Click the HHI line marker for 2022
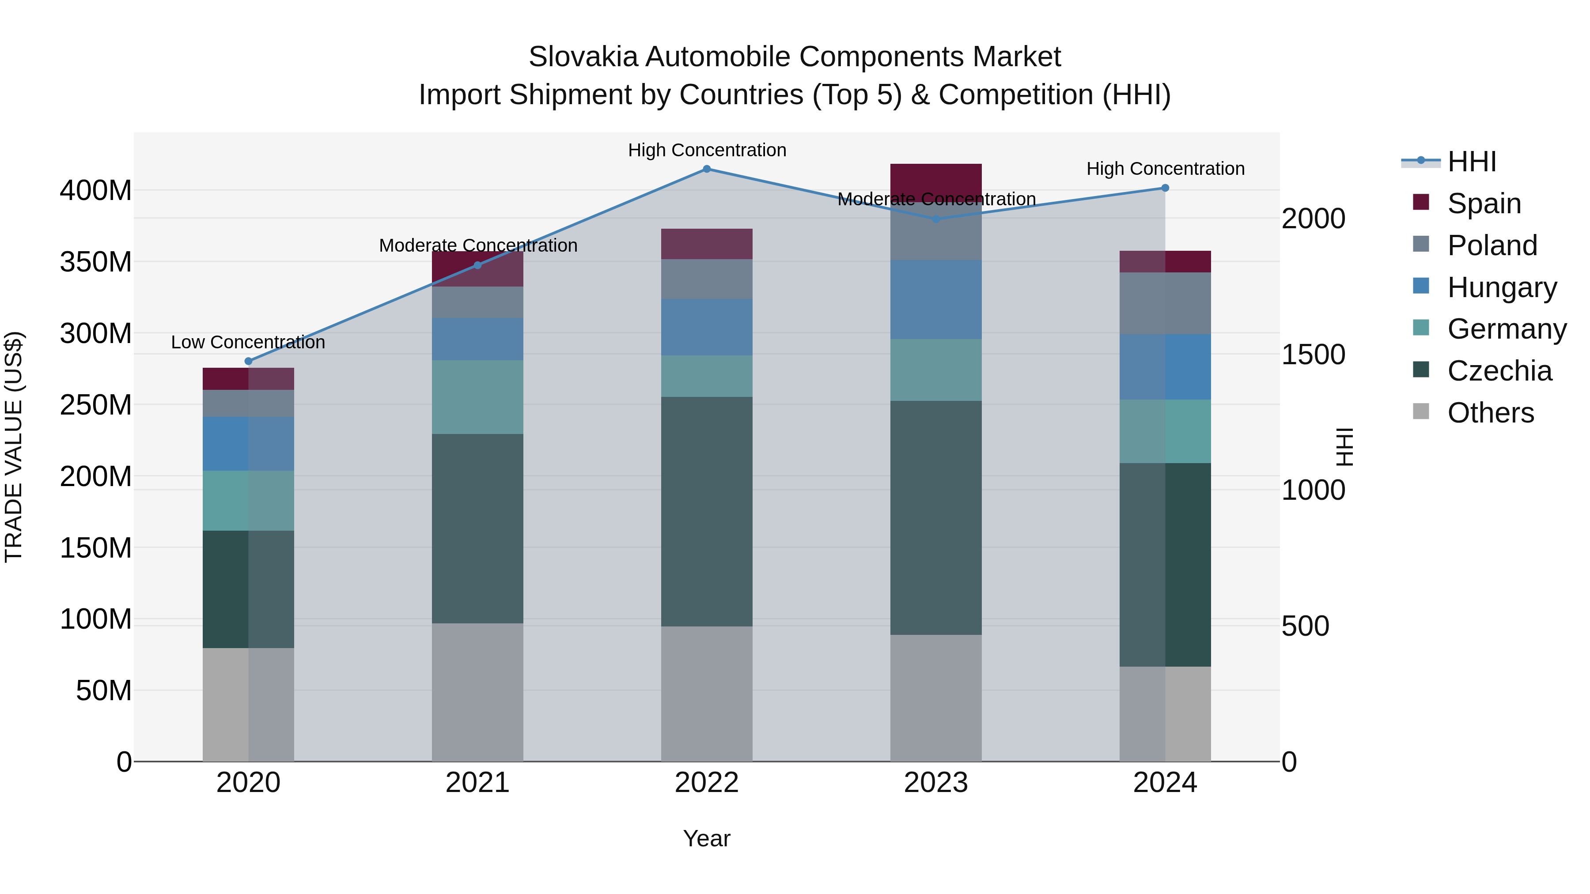[x=707, y=169]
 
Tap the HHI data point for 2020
[x=249, y=362]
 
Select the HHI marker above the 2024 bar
[x=1165, y=188]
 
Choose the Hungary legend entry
[x=1501, y=287]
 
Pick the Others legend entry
[x=1490, y=413]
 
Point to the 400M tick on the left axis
[x=96, y=191]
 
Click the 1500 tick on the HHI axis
[x=1314, y=355]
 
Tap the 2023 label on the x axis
[x=936, y=783]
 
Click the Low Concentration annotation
[x=248, y=343]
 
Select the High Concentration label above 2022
[x=707, y=151]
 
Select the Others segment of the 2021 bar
[x=477, y=692]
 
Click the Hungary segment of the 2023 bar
[x=936, y=299]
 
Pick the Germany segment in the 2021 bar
[x=477, y=397]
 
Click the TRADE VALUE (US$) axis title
[x=14, y=447]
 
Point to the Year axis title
[x=706, y=838]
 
